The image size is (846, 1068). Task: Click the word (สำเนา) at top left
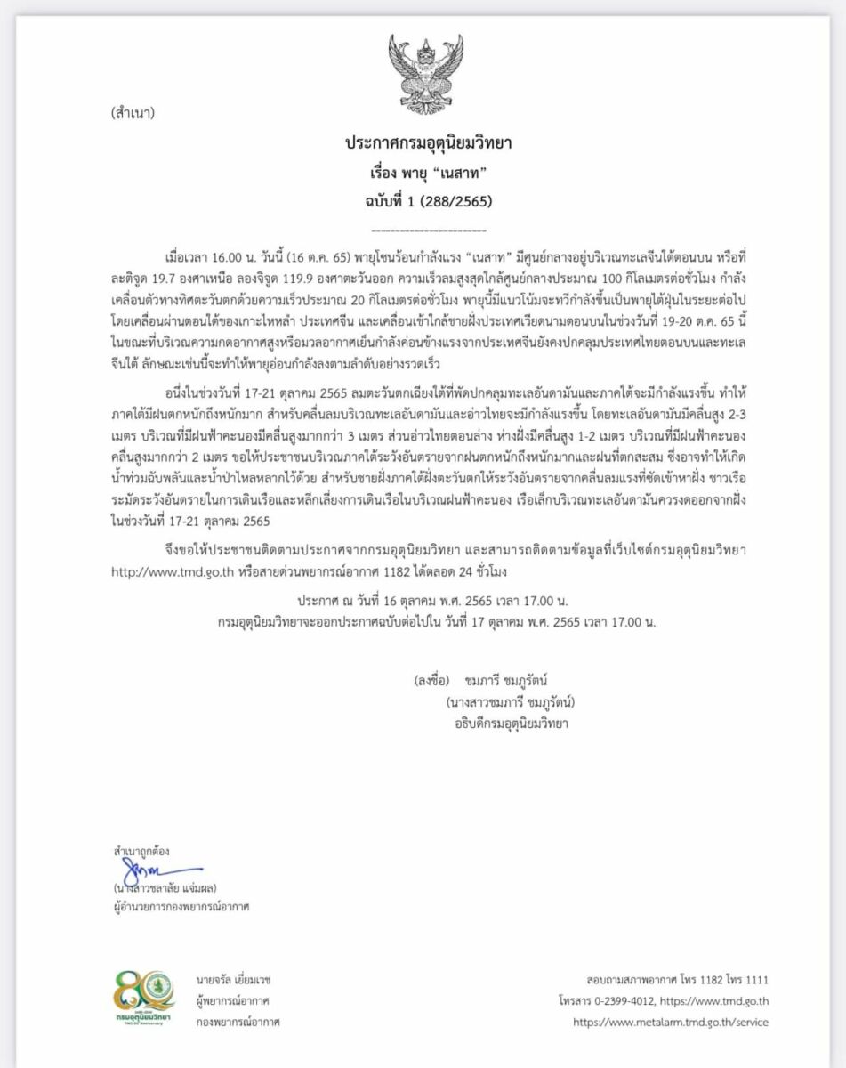pyautogui.click(x=133, y=114)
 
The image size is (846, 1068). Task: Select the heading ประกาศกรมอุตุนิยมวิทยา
pyautogui.click(x=422, y=143)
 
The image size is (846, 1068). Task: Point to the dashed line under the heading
pyautogui.click(x=422, y=229)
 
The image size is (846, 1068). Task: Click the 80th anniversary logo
pyautogui.click(x=144, y=997)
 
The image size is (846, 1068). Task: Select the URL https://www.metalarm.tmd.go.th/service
pyautogui.click(x=670, y=1023)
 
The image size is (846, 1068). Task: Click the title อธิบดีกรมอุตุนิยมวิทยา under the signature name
pyautogui.click(x=510, y=724)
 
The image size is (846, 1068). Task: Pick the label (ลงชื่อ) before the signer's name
pyautogui.click(x=432, y=681)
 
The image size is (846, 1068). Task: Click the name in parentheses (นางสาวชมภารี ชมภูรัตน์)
pyautogui.click(x=510, y=702)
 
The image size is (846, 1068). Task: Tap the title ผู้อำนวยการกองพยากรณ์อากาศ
pyautogui.click(x=175, y=907)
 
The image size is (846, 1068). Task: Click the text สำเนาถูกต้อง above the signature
pyautogui.click(x=134, y=852)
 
